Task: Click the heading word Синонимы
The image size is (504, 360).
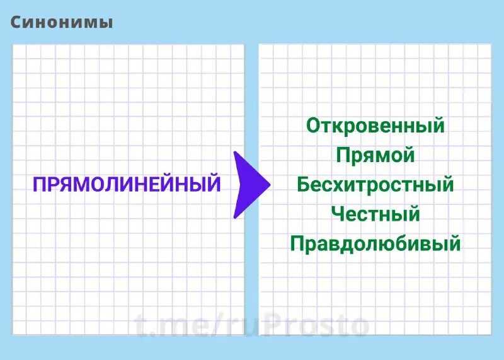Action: (62, 23)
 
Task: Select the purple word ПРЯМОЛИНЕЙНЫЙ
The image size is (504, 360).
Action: (127, 185)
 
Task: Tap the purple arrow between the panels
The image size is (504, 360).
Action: (249, 185)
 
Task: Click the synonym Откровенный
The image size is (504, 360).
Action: (375, 125)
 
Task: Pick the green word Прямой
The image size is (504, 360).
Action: (375, 155)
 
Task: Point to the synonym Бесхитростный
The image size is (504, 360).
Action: (375, 185)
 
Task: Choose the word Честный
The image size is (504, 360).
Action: (375, 214)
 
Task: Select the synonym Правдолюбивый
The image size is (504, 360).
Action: (375, 244)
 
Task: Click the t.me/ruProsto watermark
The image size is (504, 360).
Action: (252, 326)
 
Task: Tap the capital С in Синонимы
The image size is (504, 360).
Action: (17, 23)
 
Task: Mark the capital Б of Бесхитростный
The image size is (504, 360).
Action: (304, 185)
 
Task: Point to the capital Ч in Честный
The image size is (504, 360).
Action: (338, 214)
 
